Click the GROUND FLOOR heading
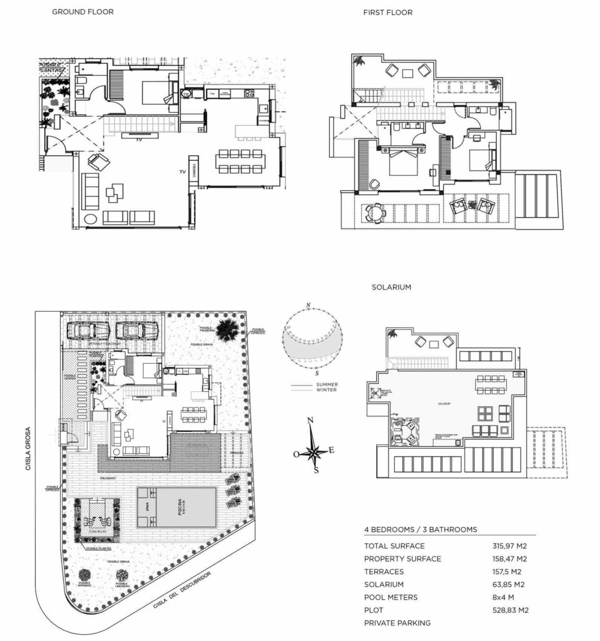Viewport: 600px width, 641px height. (x=83, y=12)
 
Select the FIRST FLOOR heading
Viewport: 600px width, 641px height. (x=388, y=13)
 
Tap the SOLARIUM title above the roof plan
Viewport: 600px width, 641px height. (x=391, y=287)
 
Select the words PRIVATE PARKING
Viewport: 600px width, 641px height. (x=397, y=623)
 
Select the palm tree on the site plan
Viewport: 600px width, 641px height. (x=228, y=327)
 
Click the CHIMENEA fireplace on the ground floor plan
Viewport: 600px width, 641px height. (x=195, y=172)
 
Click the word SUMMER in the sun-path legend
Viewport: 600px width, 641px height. (x=327, y=383)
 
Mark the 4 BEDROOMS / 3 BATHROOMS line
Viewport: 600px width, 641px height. (x=420, y=530)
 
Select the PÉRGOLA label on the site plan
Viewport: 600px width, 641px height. (x=236, y=452)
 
